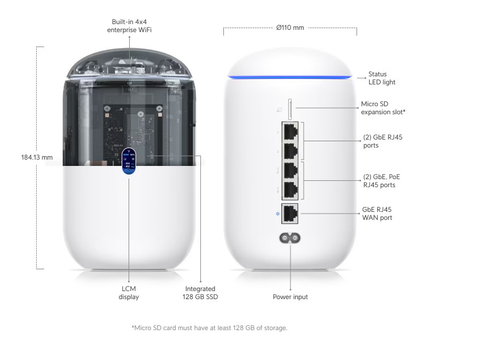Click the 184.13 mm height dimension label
tap(37, 157)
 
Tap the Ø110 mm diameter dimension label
tap(290, 28)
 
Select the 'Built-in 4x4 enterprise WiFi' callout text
tap(129, 26)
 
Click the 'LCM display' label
tap(129, 293)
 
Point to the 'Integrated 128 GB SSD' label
tap(200, 293)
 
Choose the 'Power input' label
tap(290, 297)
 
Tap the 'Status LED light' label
tap(382, 78)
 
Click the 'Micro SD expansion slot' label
tap(383, 108)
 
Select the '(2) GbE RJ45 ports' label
tap(383, 141)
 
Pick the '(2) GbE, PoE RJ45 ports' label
tap(382, 181)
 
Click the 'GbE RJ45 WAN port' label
tap(377, 214)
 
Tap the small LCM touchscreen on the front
tap(129, 161)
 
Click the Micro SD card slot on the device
tap(290, 109)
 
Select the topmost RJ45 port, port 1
tap(290, 131)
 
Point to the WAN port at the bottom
tap(290, 214)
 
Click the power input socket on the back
tap(290, 238)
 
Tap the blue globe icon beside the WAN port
tap(278, 214)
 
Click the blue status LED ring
tap(290, 76)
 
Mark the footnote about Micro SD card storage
tap(210, 328)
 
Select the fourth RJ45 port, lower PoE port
tap(290, 191)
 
